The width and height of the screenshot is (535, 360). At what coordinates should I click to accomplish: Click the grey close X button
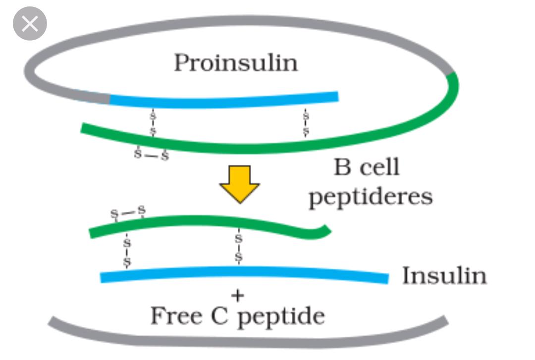30,24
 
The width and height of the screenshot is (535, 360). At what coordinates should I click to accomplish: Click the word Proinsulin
236,63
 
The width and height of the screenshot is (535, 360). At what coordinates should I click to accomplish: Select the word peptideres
371,197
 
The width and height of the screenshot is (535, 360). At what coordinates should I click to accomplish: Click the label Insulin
444,276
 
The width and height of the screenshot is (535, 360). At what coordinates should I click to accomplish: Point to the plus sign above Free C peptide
238,296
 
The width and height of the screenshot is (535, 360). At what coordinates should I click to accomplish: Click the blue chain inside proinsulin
223,101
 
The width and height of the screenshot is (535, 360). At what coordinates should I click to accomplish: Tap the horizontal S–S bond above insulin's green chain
128,213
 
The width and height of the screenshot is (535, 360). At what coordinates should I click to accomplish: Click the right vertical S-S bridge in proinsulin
306,123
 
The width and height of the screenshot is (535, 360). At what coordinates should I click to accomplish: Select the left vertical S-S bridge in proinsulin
153,123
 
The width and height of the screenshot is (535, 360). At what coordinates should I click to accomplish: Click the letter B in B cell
342,167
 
